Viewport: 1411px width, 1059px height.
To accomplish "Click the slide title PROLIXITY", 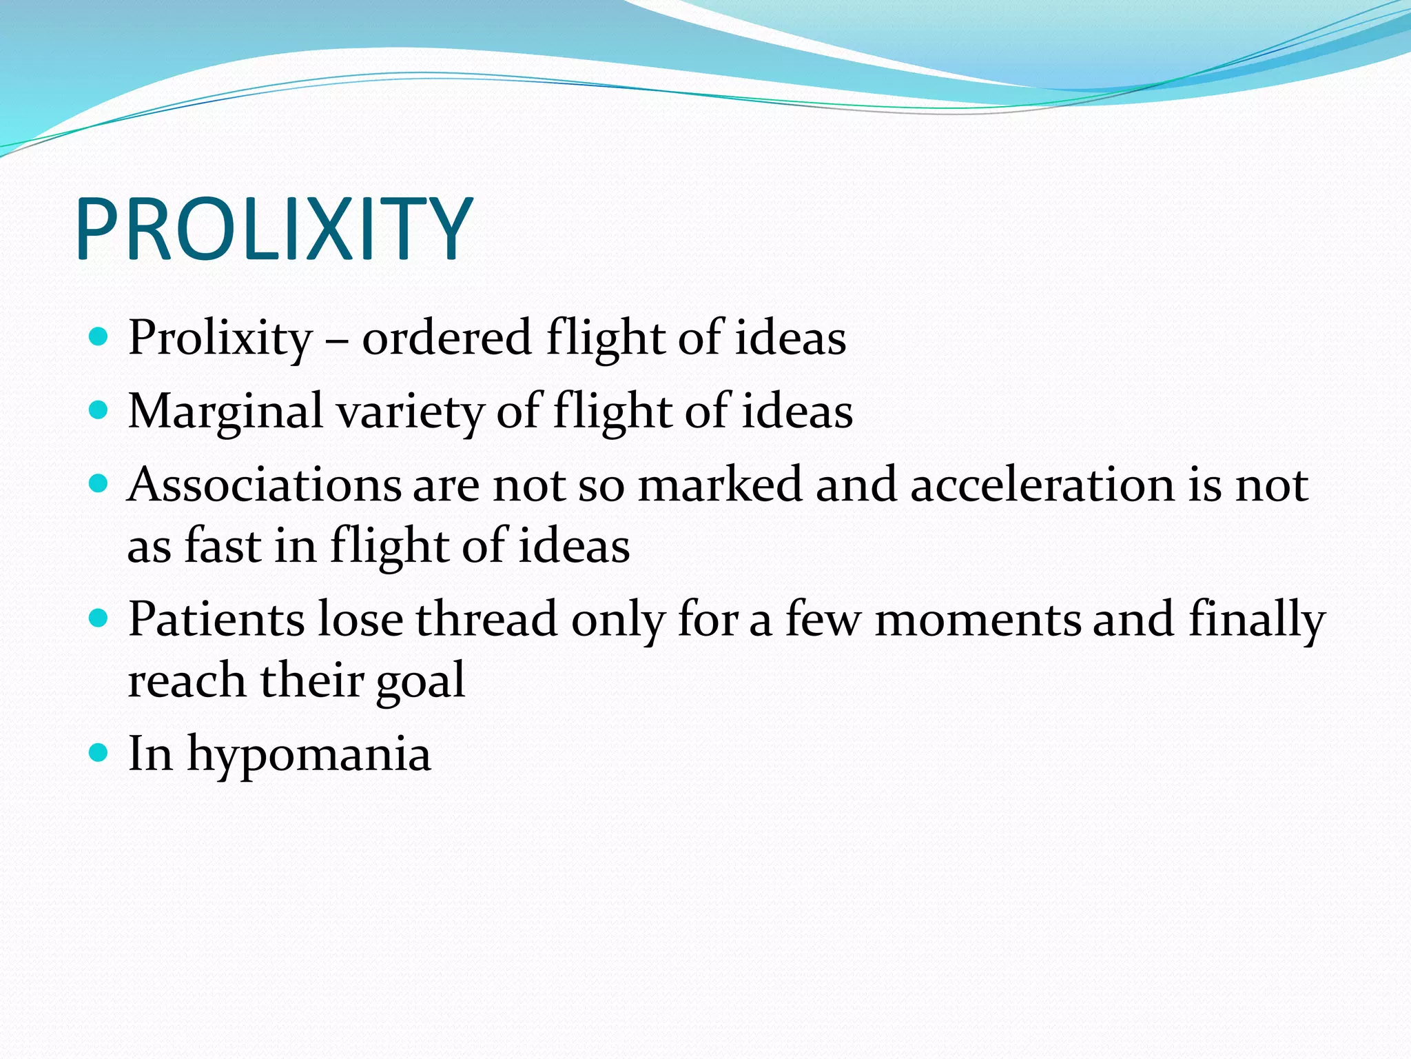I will tap(274, 229).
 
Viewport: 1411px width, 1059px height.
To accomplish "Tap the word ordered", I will tap(446, 339).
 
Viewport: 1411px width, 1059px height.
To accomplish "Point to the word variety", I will tap(411, 412).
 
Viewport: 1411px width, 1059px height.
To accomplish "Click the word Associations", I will tap(264, 484).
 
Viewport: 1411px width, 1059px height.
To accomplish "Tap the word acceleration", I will tap(1042, 484).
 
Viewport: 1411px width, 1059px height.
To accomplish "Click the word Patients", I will tap(216, 618).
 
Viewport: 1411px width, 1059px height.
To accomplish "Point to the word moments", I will tap(978, 618).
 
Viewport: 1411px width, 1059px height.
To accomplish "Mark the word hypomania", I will tap(309, 754).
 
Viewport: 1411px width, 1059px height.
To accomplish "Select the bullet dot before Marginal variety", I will tap(99, 410).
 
